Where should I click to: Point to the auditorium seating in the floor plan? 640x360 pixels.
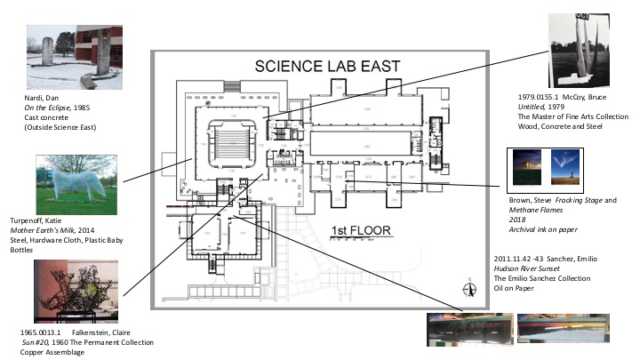[x=230, y=140]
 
